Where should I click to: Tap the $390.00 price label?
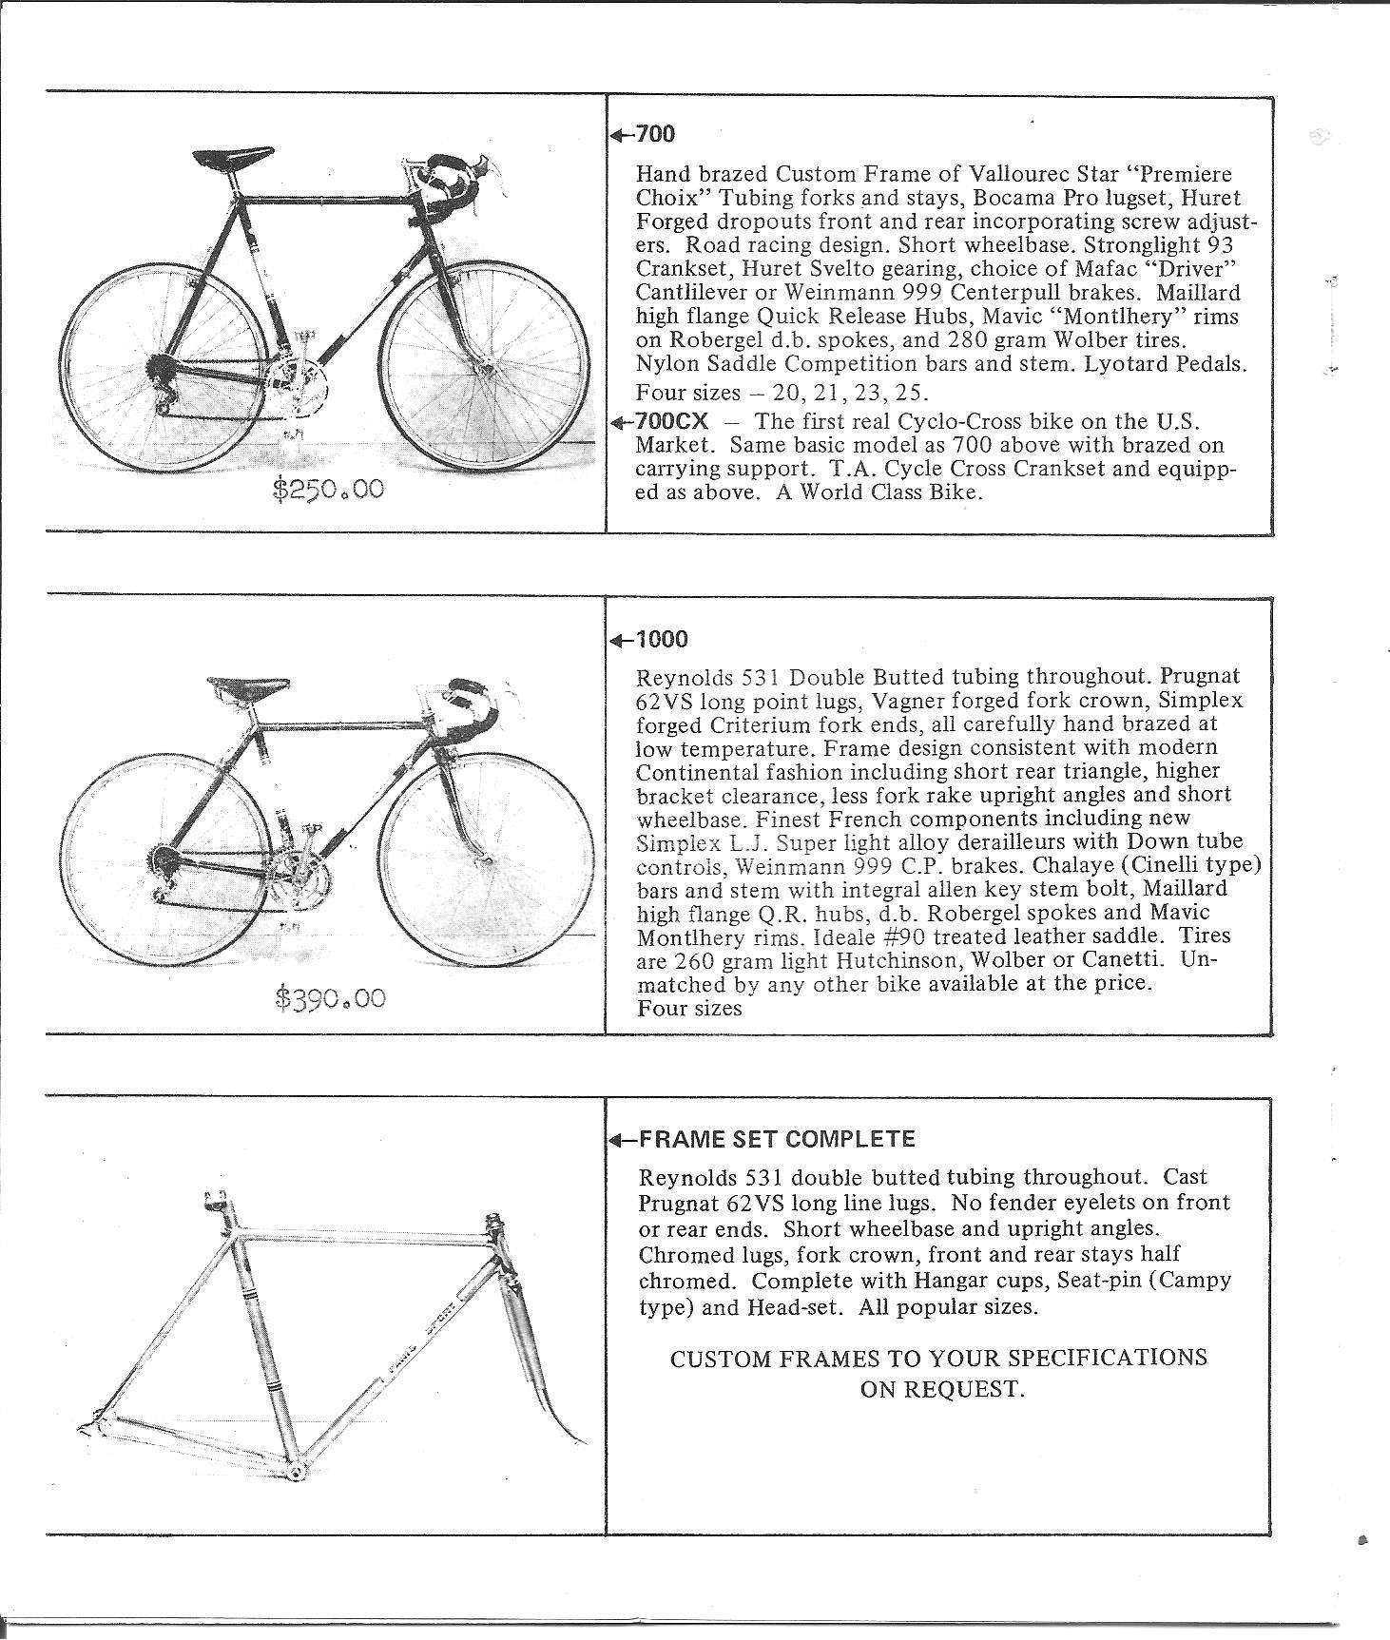(x=330, y=998)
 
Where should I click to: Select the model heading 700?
(x=655, y=134)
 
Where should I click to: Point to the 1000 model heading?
(x=662, y=639)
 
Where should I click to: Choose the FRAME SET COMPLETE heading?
(x=777, y=1139)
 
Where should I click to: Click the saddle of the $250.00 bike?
(x=220, y=159)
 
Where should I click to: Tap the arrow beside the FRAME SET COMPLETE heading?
(x=620, y=1140)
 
